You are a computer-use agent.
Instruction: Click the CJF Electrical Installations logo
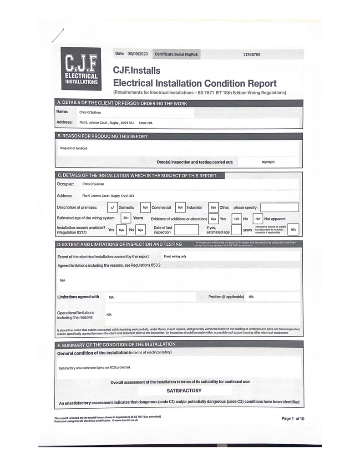[x=81, y=69]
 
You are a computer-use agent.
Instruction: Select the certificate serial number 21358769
[x=252, y=55]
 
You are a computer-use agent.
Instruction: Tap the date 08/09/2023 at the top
[x=137, y=54]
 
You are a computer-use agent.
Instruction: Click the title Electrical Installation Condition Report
[x=194, y=83]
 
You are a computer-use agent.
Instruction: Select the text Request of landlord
[x=74, y=148]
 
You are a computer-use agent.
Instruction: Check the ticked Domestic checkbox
[x=113, y=208]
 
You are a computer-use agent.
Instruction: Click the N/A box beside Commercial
[x=145, y=208]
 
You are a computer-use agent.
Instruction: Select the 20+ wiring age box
[x=126, y=218]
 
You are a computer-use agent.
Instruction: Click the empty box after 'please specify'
[x=279, y=208]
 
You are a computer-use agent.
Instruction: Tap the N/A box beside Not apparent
[x=258, y=219]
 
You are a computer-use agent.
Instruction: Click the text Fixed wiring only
[x=175, y=257]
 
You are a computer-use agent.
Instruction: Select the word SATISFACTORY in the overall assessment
[x=184, y=390]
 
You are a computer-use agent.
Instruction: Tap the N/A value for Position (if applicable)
[x=251, y=297]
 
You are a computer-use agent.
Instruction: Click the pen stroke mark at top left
[x=58, y=35]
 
